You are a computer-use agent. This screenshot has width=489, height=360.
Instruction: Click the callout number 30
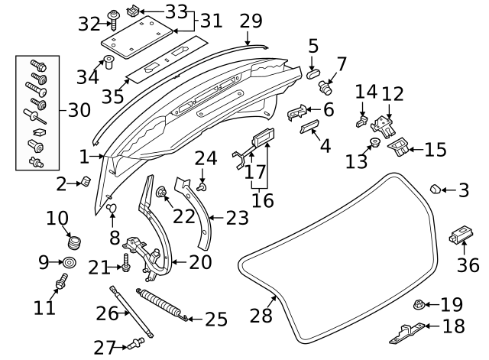(79, 111)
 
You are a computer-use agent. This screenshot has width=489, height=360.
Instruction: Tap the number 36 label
(468, 265)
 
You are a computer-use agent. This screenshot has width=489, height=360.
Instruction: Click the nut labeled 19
(419, 305)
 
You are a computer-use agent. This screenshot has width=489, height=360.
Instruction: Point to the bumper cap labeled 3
(434, 188)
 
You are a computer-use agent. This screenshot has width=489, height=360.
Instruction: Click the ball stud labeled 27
(139, 342)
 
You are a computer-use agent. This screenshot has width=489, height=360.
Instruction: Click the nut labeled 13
(375, 144)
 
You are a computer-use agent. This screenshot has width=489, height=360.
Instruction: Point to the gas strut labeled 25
(160, 304)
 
